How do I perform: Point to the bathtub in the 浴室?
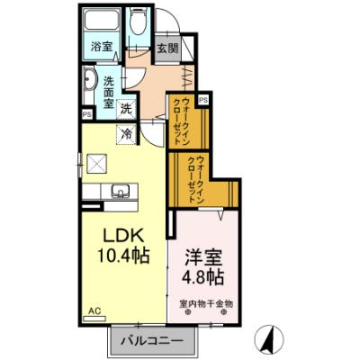(102, 24)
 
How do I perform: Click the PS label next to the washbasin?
(86, 114)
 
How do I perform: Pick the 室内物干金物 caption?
(205, 303)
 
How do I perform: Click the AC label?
(93, 311)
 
